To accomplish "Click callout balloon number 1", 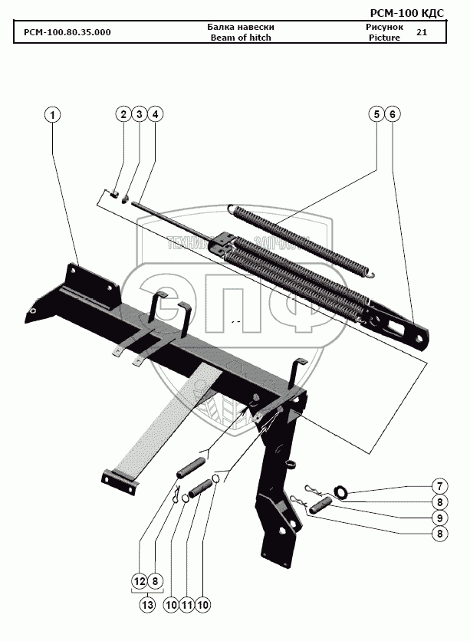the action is (x=52, y=115).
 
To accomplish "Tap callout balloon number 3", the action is (x=139, y=114).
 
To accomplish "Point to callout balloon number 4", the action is (x=155, y=114).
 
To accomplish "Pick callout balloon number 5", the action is (x=376, y=114).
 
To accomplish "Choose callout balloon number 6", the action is (x=392, y=114).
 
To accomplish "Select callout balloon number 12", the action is (x=139, y=582).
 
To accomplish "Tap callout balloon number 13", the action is (x=147, y=605).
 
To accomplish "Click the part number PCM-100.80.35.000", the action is (x=67, y=31).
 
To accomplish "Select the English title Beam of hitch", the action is (x=241, y=37).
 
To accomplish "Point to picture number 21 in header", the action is (x=421, y=32).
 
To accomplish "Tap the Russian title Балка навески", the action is (x=241, y=27).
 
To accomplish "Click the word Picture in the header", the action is (x=384, y=37).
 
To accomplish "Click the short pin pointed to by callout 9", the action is (x=321, y=504).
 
